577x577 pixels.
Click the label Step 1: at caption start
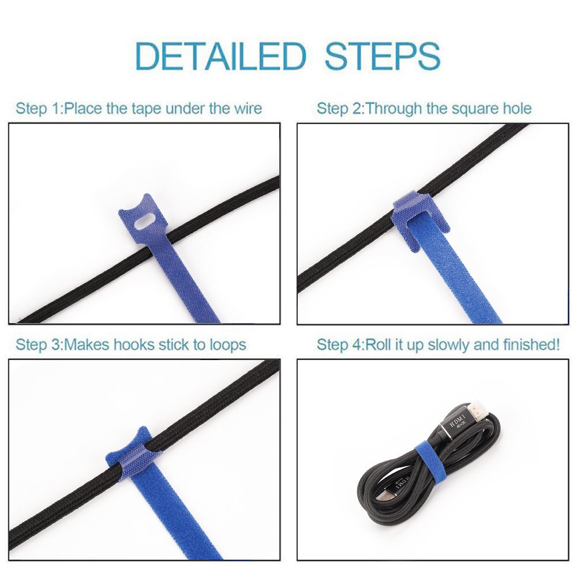pos(39,109)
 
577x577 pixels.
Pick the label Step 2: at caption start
pos(340,109)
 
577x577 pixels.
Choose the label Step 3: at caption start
pos(39,345)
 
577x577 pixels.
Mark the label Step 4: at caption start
pos(340,345)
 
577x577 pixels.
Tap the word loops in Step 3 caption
pos(227,345)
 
